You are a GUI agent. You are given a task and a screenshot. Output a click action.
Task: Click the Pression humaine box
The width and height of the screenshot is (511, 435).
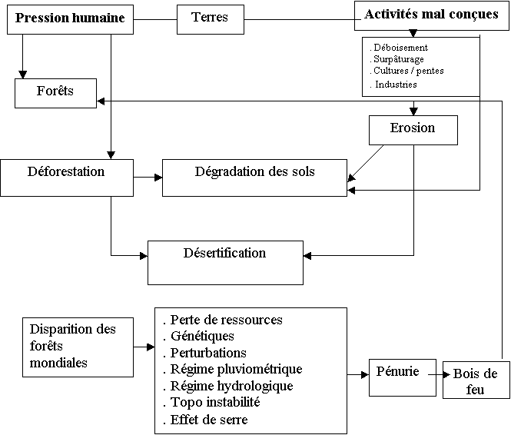click(70, 19)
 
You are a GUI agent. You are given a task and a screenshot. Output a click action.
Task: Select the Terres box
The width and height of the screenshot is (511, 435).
click(211, 19)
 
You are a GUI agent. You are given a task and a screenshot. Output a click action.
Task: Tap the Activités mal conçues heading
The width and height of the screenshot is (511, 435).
click(432, 14)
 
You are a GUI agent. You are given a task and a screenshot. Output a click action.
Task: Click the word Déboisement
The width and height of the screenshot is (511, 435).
click(400, 48)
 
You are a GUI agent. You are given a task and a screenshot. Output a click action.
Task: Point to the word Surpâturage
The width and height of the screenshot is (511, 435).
click(399, 59)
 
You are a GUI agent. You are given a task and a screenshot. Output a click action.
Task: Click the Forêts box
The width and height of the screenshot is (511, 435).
click(56, 93)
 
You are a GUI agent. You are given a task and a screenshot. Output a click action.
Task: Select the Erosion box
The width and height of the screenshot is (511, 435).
click(413, 130)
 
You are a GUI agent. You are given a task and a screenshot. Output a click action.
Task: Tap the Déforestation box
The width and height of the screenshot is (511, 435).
click(67, 178)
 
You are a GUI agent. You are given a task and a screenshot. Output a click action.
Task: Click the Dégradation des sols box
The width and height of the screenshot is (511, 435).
click(254, 178)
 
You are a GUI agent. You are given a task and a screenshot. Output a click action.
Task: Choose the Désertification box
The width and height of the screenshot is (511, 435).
click(225, 263)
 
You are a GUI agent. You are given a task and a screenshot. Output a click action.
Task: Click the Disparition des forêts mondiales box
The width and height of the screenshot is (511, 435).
click(78, 347)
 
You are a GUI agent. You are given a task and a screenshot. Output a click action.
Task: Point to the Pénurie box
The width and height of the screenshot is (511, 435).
click(403, 377)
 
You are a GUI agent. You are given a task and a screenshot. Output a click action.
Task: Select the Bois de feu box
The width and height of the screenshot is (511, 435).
click(476, 380)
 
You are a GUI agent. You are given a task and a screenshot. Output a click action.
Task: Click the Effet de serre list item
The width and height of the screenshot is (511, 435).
click(206, 420)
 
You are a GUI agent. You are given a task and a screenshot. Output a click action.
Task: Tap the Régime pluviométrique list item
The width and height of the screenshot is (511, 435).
click(233, 369)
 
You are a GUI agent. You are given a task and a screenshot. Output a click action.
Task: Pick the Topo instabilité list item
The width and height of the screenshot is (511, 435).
click(212, 402)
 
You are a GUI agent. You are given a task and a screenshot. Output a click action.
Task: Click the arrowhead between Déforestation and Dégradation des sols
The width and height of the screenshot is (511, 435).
click(158, 178)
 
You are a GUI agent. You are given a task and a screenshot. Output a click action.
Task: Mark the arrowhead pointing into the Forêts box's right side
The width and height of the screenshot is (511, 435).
click(101, 101)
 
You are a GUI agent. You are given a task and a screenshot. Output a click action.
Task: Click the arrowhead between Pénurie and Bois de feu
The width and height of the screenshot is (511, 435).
click(446, 375)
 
